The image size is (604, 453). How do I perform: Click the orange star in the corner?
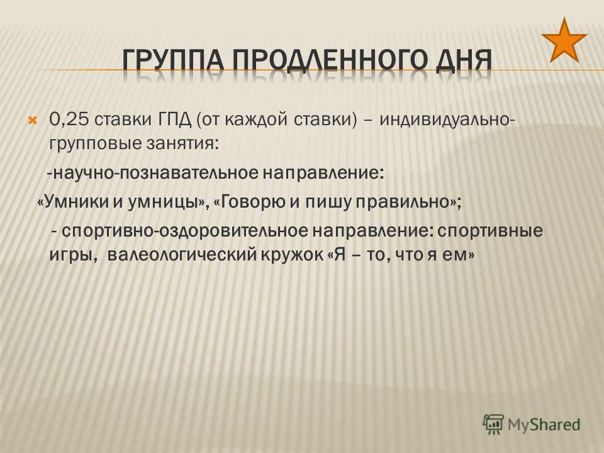click(x=564, y=41)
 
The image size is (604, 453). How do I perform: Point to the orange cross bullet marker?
click(x=32, y=120)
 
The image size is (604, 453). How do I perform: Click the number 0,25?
click(x=70, y=120)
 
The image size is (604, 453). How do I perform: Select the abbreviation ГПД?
click(x=174, y=120)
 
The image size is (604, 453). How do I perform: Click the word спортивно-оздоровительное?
click(x=185, y=231)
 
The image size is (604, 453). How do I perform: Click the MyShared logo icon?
click(x=493, y=424)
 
